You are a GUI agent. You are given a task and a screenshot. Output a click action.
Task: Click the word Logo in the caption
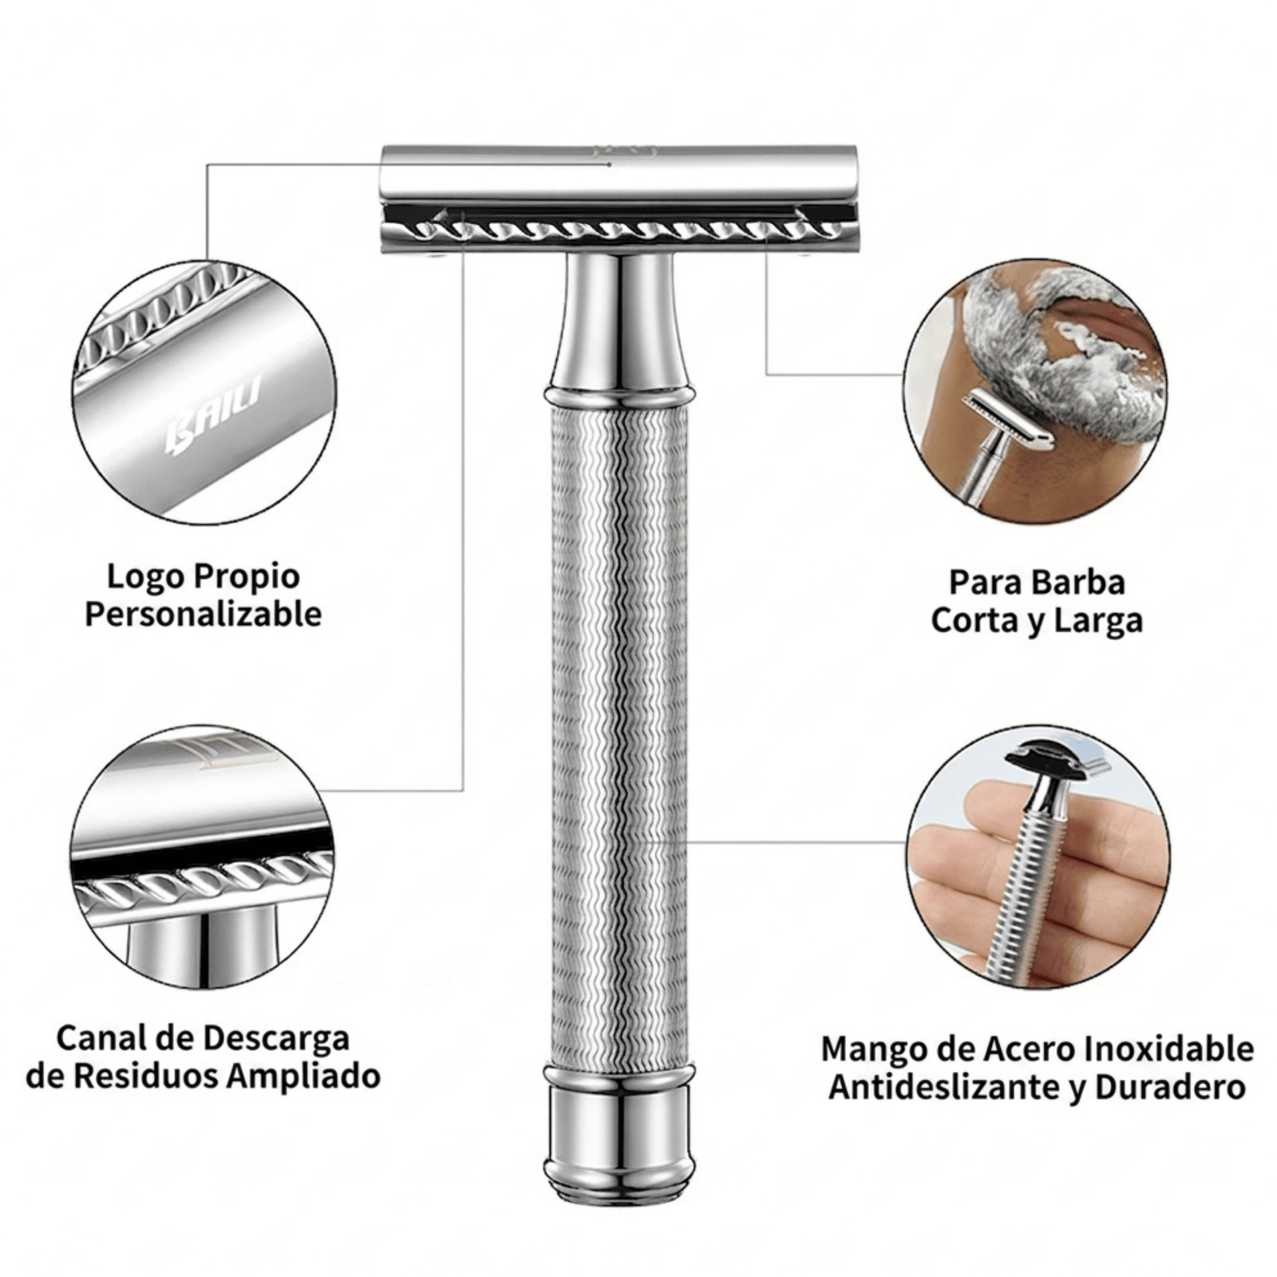146,576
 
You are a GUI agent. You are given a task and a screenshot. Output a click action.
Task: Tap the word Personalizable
204,615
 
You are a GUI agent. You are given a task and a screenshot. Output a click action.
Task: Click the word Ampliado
303,1077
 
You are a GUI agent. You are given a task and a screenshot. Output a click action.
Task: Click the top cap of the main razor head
619,172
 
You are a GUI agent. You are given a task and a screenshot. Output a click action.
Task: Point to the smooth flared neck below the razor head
620,322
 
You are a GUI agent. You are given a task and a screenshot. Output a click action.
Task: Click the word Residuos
148,1077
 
